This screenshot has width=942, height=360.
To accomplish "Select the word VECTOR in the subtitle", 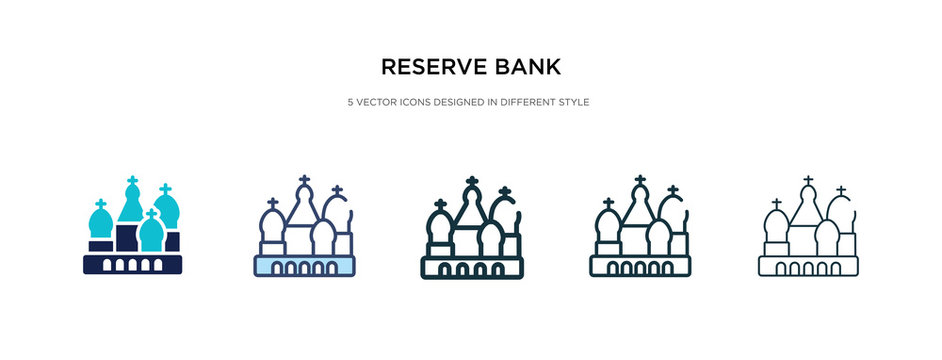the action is tap(380, 103).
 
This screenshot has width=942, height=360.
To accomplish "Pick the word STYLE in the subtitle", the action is tap(574, 103).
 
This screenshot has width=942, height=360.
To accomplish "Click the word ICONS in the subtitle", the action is tap(417, 103).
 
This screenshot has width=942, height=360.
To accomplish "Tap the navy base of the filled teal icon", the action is tap(133, 264).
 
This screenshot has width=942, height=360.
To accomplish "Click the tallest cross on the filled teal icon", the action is tap(132, 183).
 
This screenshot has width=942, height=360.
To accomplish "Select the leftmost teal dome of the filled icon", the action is tap(100, 225).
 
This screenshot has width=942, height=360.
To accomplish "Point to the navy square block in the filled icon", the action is tap(126, 238).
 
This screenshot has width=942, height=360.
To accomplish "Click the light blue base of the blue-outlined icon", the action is tap(305, 266).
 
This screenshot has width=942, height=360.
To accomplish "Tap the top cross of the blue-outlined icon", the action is tap(304, 182).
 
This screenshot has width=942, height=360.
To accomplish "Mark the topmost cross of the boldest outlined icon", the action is tap(472, 182).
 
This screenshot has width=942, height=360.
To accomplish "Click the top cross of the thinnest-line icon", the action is tap(807, 182).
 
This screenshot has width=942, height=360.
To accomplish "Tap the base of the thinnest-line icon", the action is tap(808, 266).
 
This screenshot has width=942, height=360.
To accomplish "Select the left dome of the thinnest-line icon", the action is tap(776, 227).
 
